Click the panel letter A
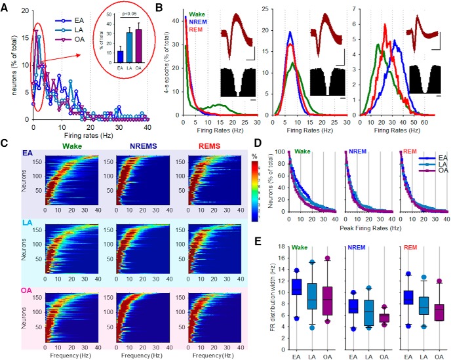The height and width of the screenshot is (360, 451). (x=6, y=6)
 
